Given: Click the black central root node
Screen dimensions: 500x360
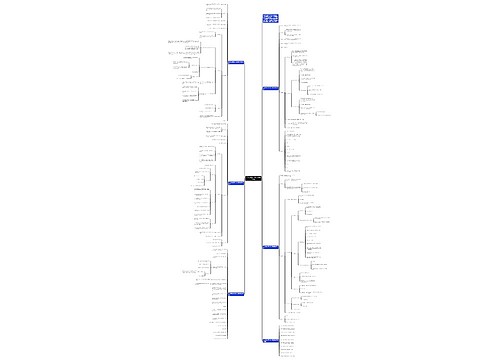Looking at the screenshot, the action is point(251,180).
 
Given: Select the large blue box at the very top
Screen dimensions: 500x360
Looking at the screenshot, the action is point(270,19).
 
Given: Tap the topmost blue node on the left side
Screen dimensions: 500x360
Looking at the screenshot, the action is point(236,62).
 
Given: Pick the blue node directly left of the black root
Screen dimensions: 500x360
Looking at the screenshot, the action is point(236,182).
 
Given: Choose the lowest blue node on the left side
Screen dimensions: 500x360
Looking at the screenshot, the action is point(236,294).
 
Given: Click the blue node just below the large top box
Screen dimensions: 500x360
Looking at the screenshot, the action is point(270,89).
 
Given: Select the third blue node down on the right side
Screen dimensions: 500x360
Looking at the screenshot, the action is point(270,246).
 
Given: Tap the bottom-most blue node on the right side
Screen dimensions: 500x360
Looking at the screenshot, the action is point(270,340).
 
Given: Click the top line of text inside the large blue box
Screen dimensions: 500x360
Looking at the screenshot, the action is point(270,15).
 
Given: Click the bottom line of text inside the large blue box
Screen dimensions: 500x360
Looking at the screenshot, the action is point(270,23).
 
